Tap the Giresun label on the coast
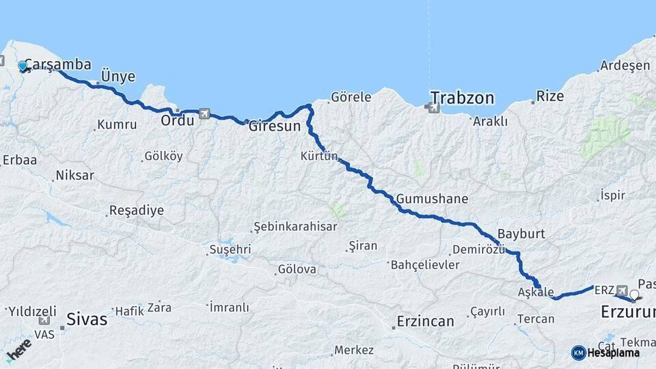[274, 126]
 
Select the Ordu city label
[177, 120]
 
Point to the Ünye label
[118, 76]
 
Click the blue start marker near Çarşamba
[23, 66]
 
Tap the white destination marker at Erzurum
[635, 296]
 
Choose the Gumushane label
[432, 199]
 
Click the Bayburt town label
[521, 234]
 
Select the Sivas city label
[87, 318]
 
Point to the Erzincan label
[425, 321]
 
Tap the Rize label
[550, 96]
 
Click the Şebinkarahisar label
[295, 226]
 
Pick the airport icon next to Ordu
[204, 114]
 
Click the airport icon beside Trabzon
[433, 107]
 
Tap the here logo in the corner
[18, 350]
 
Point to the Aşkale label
[536, 292]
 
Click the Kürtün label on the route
[319, 156]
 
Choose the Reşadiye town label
[137, 210]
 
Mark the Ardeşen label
[625, 66]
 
